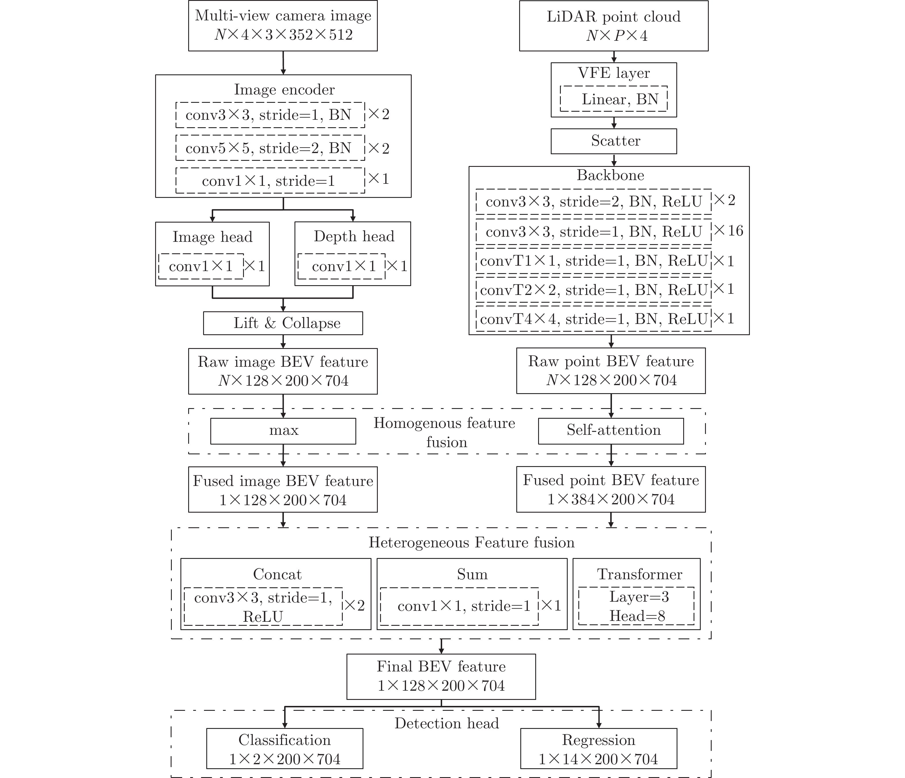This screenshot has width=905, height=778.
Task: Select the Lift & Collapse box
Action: (x=283, y=323)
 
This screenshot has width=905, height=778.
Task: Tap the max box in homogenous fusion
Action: (x=283, y=431)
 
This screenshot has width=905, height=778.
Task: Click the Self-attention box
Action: (x=611, y=431)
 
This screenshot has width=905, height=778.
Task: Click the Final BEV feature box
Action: (x=441, y=676)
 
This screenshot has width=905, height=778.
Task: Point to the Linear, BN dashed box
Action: (x=614, y=99)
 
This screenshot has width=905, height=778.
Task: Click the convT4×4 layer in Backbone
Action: (x=593, y=319)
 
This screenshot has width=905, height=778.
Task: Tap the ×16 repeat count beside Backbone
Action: (x=728, y=231)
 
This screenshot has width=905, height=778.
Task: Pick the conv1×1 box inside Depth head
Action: (x=341, y=266)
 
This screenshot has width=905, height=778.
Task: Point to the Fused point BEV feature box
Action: (x=611, y=489)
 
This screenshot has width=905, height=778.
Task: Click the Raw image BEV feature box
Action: (x=283, y=371)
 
